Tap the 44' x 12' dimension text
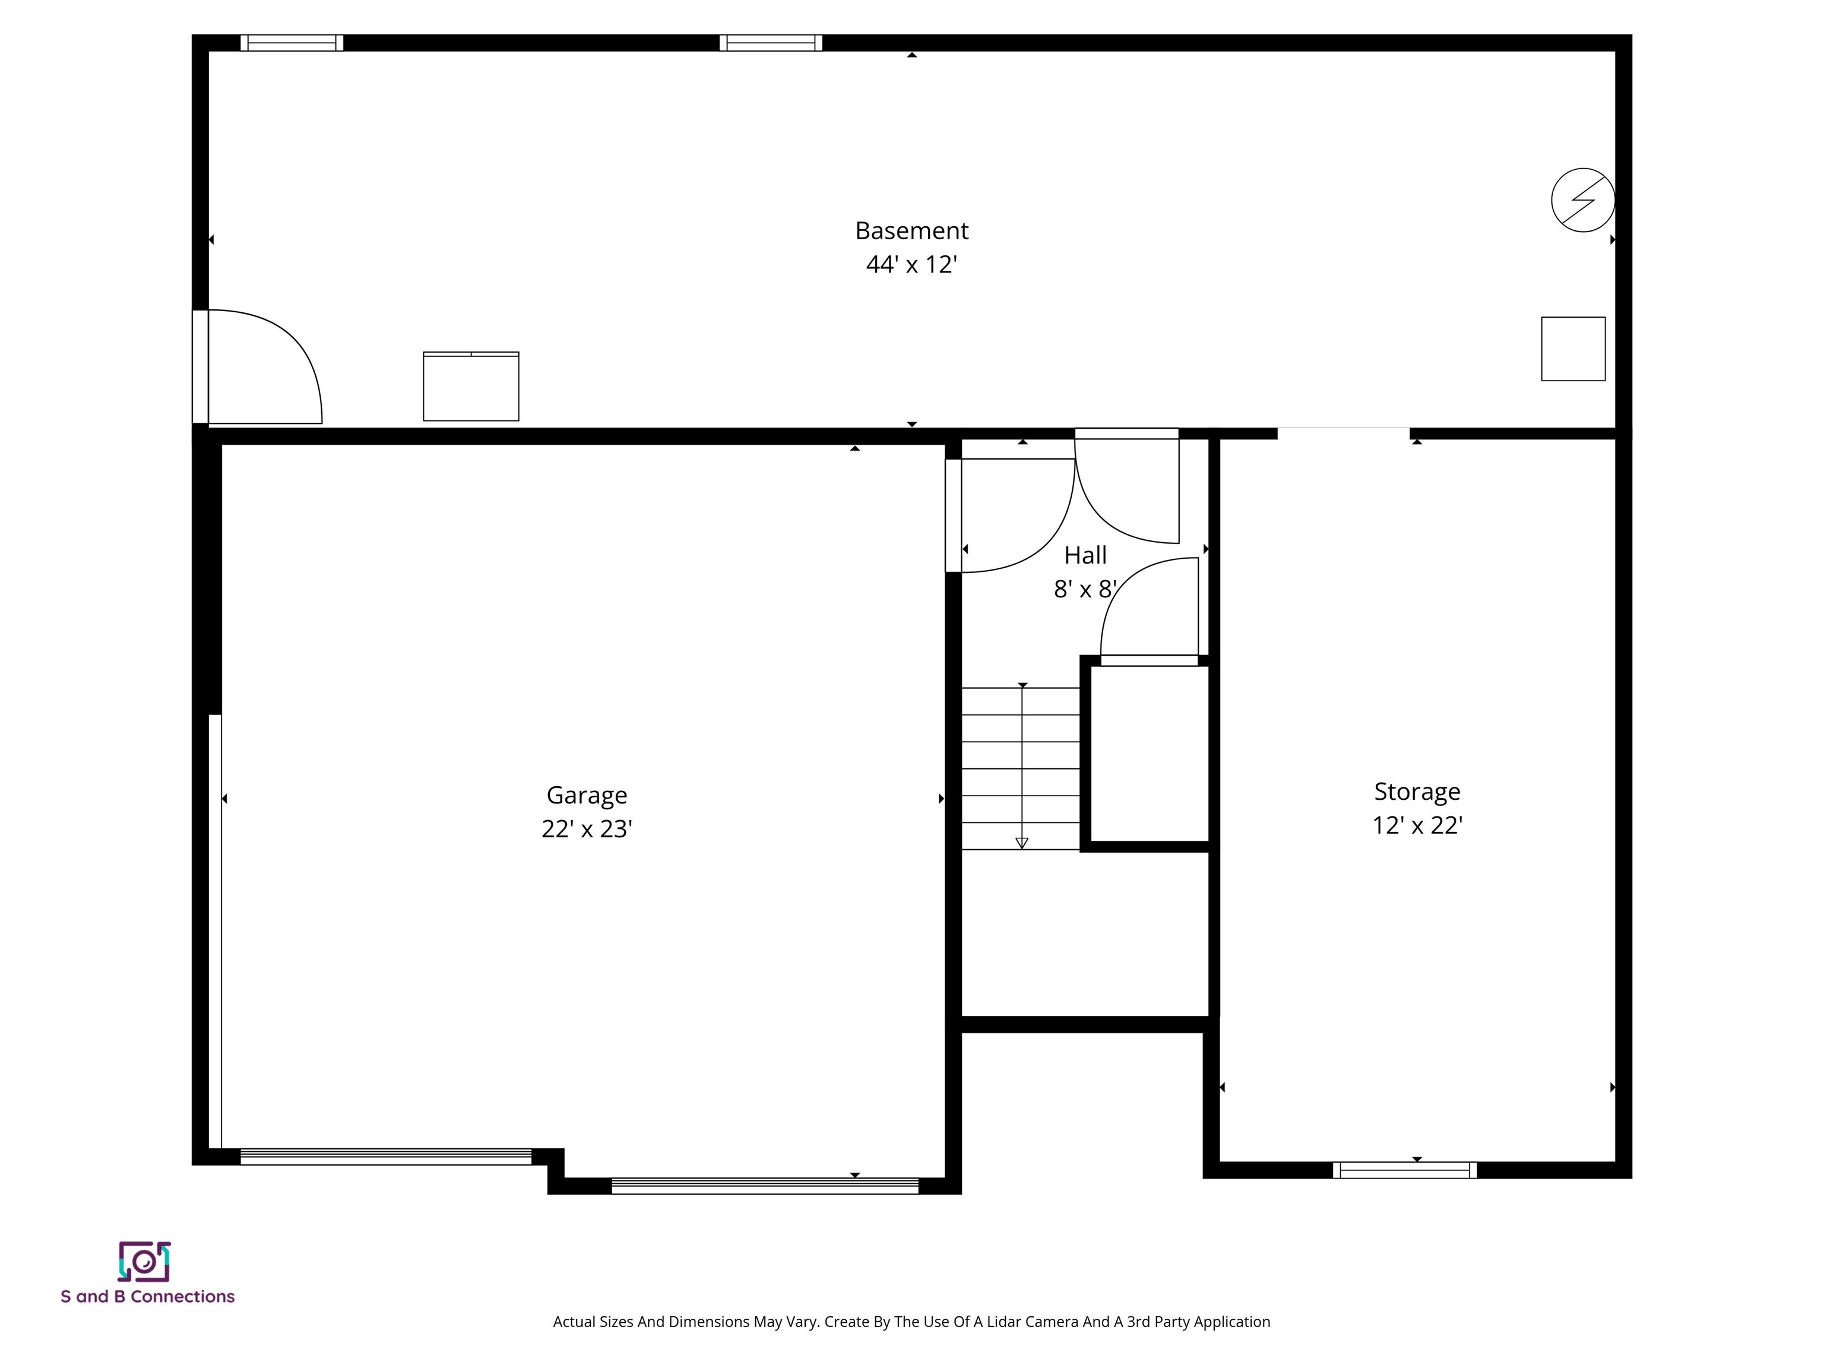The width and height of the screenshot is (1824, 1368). tap(911, 265)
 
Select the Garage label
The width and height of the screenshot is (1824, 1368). tap(586, 795)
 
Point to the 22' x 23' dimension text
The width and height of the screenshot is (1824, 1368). tap(586, 829)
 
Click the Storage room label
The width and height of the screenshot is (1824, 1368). tap(1417, 791)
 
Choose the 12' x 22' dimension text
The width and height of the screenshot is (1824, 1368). tap(1417, 825)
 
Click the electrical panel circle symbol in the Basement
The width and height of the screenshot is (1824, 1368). tap(1582, 199)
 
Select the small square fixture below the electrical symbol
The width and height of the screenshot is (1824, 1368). tap(1572, 349)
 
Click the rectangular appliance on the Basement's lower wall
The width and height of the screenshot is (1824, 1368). tap(471, 386)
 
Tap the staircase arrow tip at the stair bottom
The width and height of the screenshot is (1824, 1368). tap(1022, 843)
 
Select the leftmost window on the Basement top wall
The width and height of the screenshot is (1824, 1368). tap(292, 43)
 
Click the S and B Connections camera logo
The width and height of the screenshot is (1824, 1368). tap(144, 1262)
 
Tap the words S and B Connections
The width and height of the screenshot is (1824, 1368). tap(148, 1296)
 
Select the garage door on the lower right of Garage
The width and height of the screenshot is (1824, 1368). tap(764, 1186)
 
